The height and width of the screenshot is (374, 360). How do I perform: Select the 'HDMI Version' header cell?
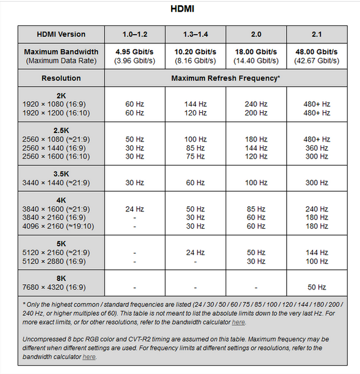[x=61, y=34]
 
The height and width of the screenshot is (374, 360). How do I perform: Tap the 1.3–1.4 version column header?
[x=195, y=34]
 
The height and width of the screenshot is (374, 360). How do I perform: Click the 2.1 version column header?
[x=317, y=34]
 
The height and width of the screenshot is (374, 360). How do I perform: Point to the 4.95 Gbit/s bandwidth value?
[x=134, y=52]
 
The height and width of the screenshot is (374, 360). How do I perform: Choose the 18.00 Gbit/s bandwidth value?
[x=256, y=52]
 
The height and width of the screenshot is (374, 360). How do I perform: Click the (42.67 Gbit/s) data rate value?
[x=317, y=61]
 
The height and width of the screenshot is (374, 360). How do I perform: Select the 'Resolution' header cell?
[x=61, y=78]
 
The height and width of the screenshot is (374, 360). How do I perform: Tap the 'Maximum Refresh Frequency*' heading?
[x=226, y=78]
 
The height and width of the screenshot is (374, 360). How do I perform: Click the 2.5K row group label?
[x=61, y=130]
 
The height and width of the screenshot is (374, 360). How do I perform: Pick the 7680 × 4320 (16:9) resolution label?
[x=53, y=287]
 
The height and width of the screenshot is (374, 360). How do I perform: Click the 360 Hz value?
[x=317, y=148]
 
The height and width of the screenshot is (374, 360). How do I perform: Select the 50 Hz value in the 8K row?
[x=317, y=287]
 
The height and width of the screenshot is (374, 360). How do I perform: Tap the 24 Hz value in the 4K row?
[x=134, y=209]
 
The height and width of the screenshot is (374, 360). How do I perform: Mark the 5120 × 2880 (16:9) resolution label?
[x=53, y=261]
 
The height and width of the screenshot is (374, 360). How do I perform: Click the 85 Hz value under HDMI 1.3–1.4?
[x=195, y=148]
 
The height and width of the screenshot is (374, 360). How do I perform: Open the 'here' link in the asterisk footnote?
[x=239, y=323]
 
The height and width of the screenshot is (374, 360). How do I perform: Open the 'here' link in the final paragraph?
[x=89, y=357]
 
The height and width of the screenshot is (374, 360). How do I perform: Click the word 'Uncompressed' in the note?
[x=44, y=340]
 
